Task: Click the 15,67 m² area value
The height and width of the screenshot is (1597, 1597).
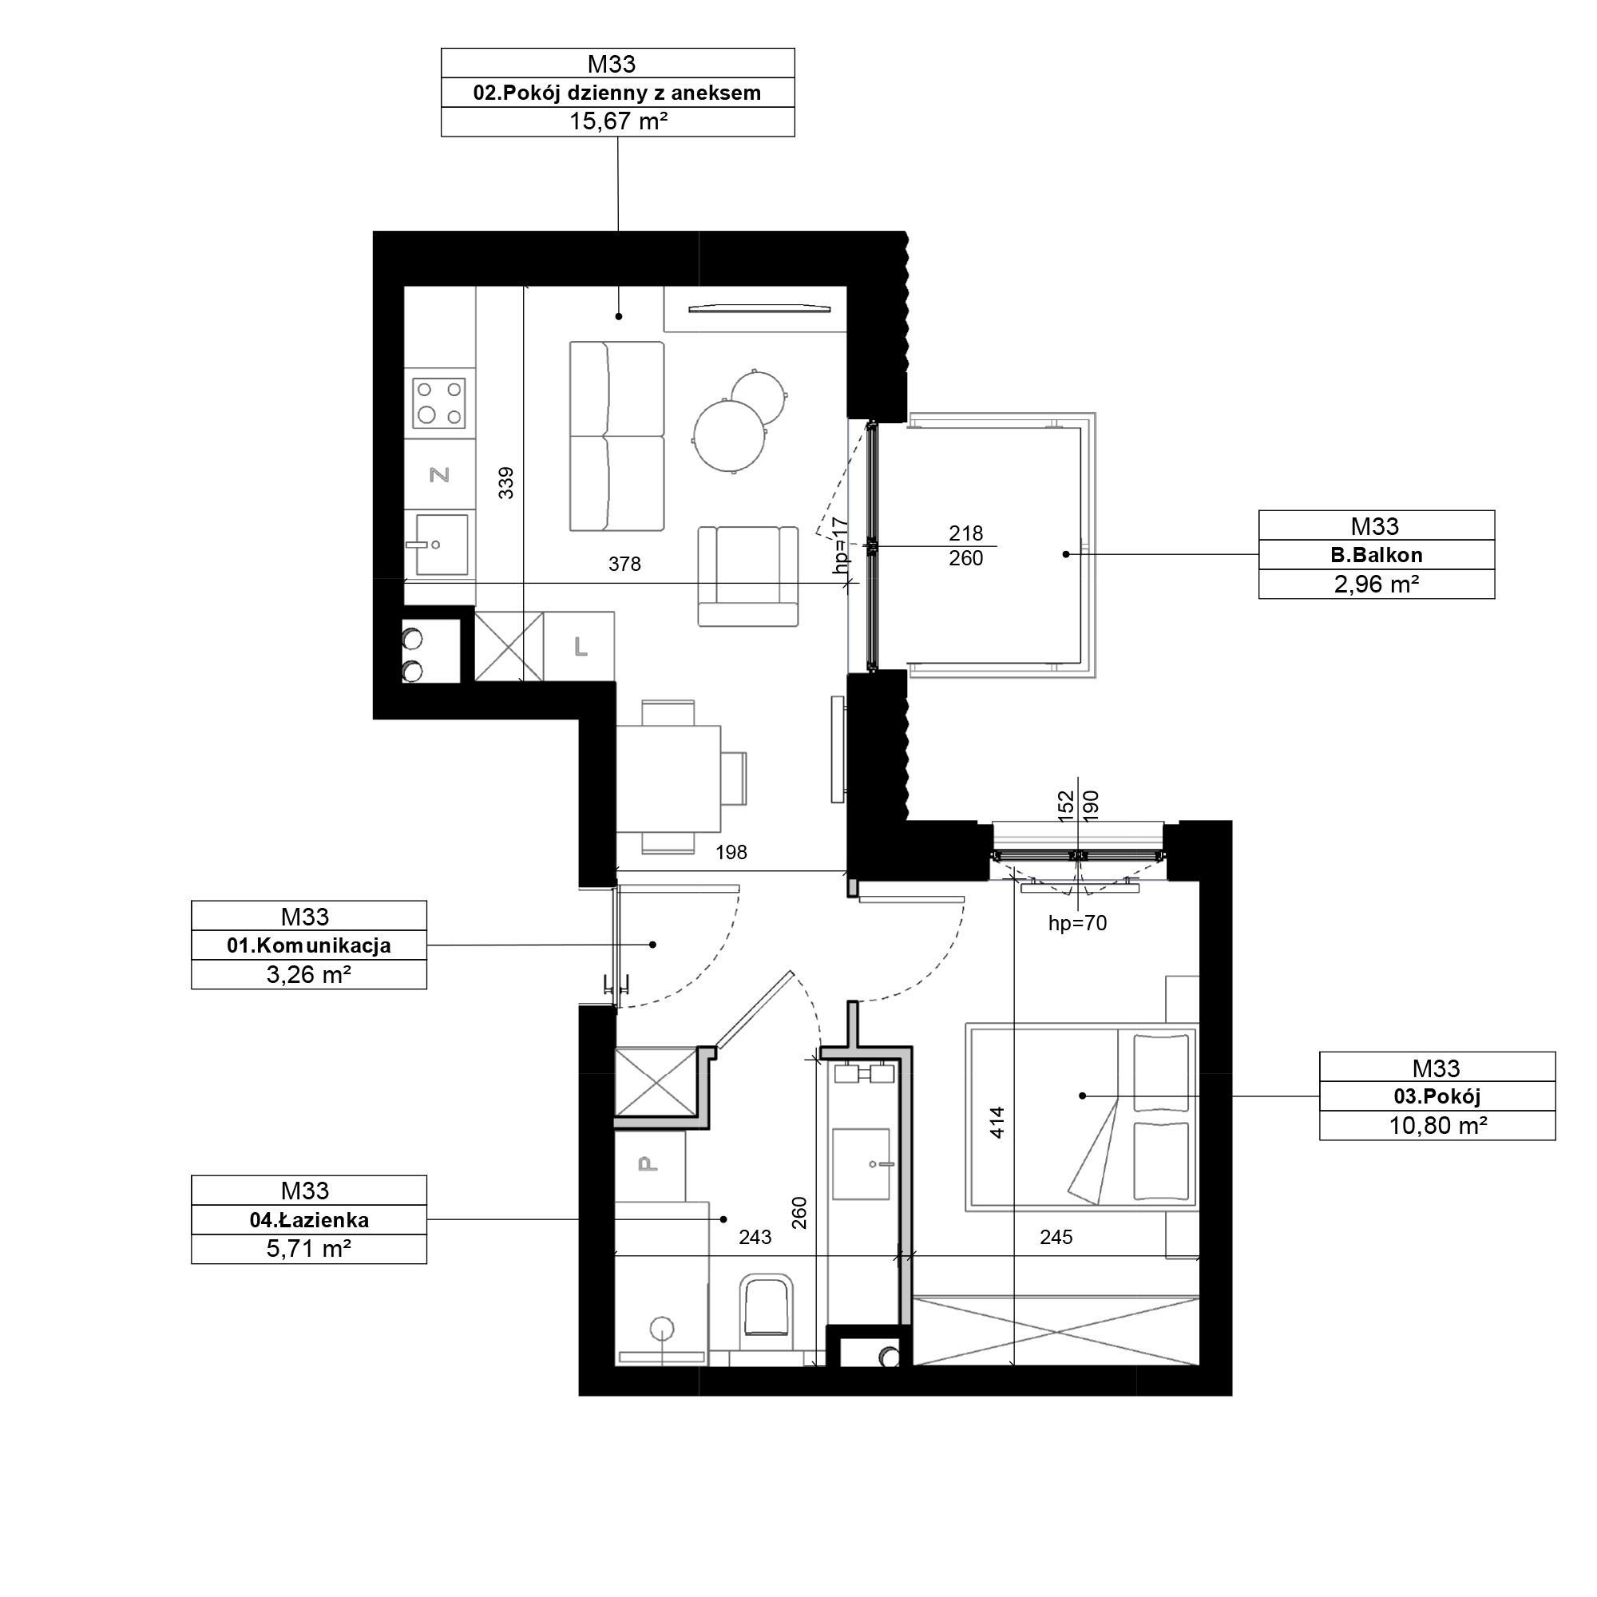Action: pos(618,122)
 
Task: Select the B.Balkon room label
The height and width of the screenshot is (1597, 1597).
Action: pos(1377,556)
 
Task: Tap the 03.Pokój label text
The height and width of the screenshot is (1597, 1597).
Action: pos(1437,1097)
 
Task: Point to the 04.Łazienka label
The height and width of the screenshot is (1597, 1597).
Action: pos(309,1220)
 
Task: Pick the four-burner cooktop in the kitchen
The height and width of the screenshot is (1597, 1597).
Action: pos(440,403)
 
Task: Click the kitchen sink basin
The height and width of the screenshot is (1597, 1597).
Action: pos(442,545)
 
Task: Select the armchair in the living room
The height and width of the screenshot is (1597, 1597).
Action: pos(748,577)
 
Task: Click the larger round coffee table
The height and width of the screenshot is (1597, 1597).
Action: pos(729,437)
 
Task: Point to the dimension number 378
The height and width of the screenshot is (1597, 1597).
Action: pos(625,565)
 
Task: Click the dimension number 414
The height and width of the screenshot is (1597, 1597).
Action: pos(997,1123)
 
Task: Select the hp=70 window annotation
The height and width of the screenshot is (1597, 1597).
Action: pos(1077,923)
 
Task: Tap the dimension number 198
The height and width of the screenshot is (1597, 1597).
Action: pos(731,852)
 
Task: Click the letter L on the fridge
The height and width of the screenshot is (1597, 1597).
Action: pos(581,648)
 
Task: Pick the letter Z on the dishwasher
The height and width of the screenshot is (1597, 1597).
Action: pos(440,474)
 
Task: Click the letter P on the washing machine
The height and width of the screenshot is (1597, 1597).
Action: pos(648,1165)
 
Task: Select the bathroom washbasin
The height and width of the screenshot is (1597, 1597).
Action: pos(862,1164)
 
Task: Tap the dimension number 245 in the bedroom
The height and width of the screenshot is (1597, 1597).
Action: pos(1056,1238)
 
